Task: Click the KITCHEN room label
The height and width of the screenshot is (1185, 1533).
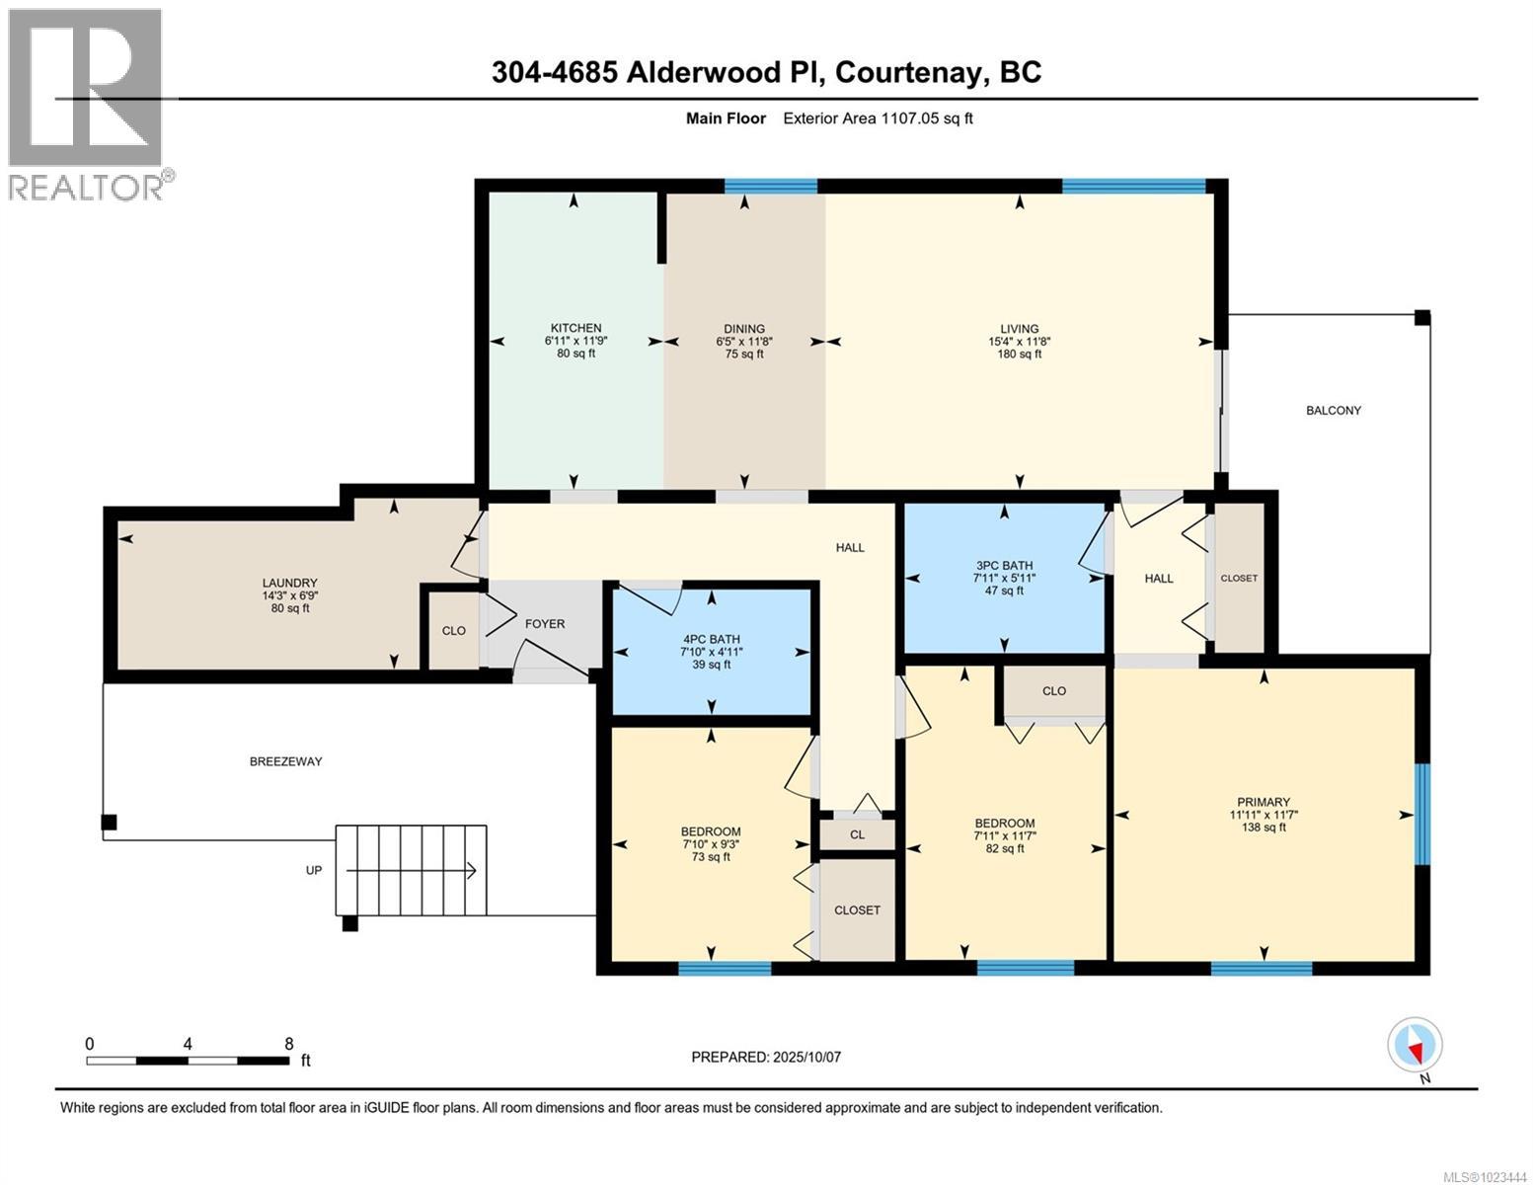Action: point(575,328)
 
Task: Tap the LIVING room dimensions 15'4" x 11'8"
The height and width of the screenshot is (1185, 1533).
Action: point(1019,342)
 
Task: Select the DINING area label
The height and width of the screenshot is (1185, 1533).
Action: point(743,329)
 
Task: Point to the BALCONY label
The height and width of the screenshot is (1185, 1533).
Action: point(1333,410)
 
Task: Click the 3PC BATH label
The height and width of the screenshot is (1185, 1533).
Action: point(1004,566)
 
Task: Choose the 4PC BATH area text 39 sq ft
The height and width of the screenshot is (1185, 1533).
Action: point(710,665)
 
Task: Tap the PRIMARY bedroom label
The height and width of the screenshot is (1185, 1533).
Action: point(1263,802)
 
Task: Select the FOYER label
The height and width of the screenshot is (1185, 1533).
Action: point(544,623)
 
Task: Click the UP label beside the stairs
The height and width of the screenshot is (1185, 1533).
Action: point(313,871)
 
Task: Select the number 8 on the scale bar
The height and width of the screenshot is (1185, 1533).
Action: point(288,1044)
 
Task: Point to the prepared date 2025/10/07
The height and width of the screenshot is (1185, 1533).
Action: point(805,1057)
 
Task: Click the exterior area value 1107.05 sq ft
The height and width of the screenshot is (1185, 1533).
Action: point(927,118)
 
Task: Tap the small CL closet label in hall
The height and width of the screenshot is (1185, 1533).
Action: point(857,834)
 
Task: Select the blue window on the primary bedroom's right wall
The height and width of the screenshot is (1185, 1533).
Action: point(1421,815)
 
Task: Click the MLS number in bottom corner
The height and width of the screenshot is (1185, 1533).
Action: point(1485,1175)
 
